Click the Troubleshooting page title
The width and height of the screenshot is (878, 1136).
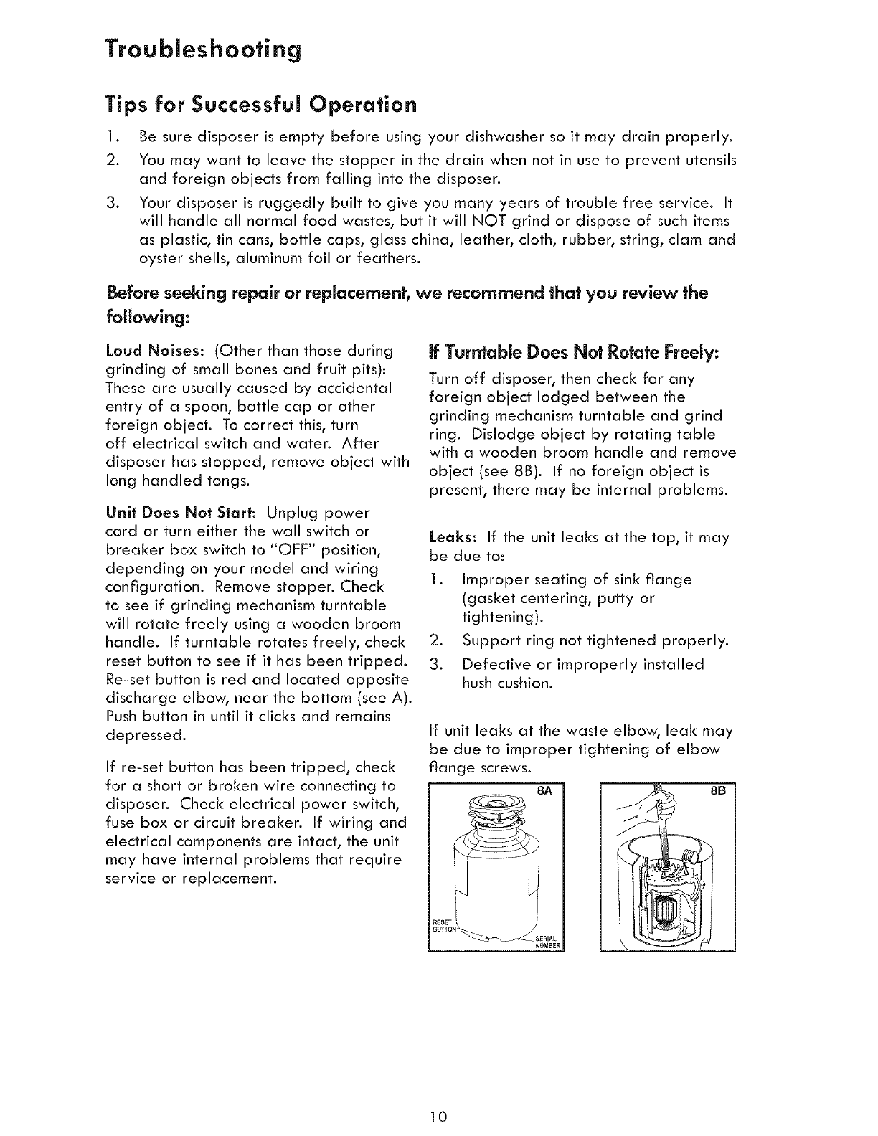(x=200, y=52)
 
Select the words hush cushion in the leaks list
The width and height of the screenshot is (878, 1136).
(x=507, y=683)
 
